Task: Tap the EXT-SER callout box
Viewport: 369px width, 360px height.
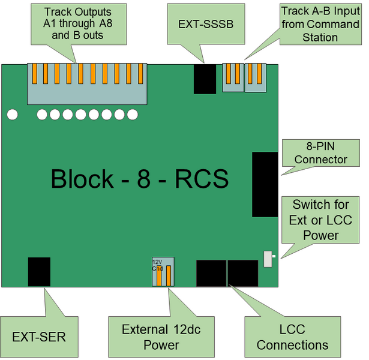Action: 39,337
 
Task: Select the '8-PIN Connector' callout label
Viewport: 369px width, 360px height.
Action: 320,153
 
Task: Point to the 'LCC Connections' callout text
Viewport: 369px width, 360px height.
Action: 292,337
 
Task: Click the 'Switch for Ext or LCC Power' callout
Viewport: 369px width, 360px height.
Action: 321,220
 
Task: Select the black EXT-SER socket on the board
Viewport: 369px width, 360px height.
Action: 39,271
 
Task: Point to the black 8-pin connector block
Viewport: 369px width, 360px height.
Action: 265,184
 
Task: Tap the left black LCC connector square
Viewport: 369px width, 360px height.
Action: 211,273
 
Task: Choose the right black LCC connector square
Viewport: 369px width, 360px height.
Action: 242,273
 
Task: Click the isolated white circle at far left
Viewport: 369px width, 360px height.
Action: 13,114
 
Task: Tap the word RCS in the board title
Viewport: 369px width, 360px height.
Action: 201,179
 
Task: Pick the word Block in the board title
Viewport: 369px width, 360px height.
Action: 82,179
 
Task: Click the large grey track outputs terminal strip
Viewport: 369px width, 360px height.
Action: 87,84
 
